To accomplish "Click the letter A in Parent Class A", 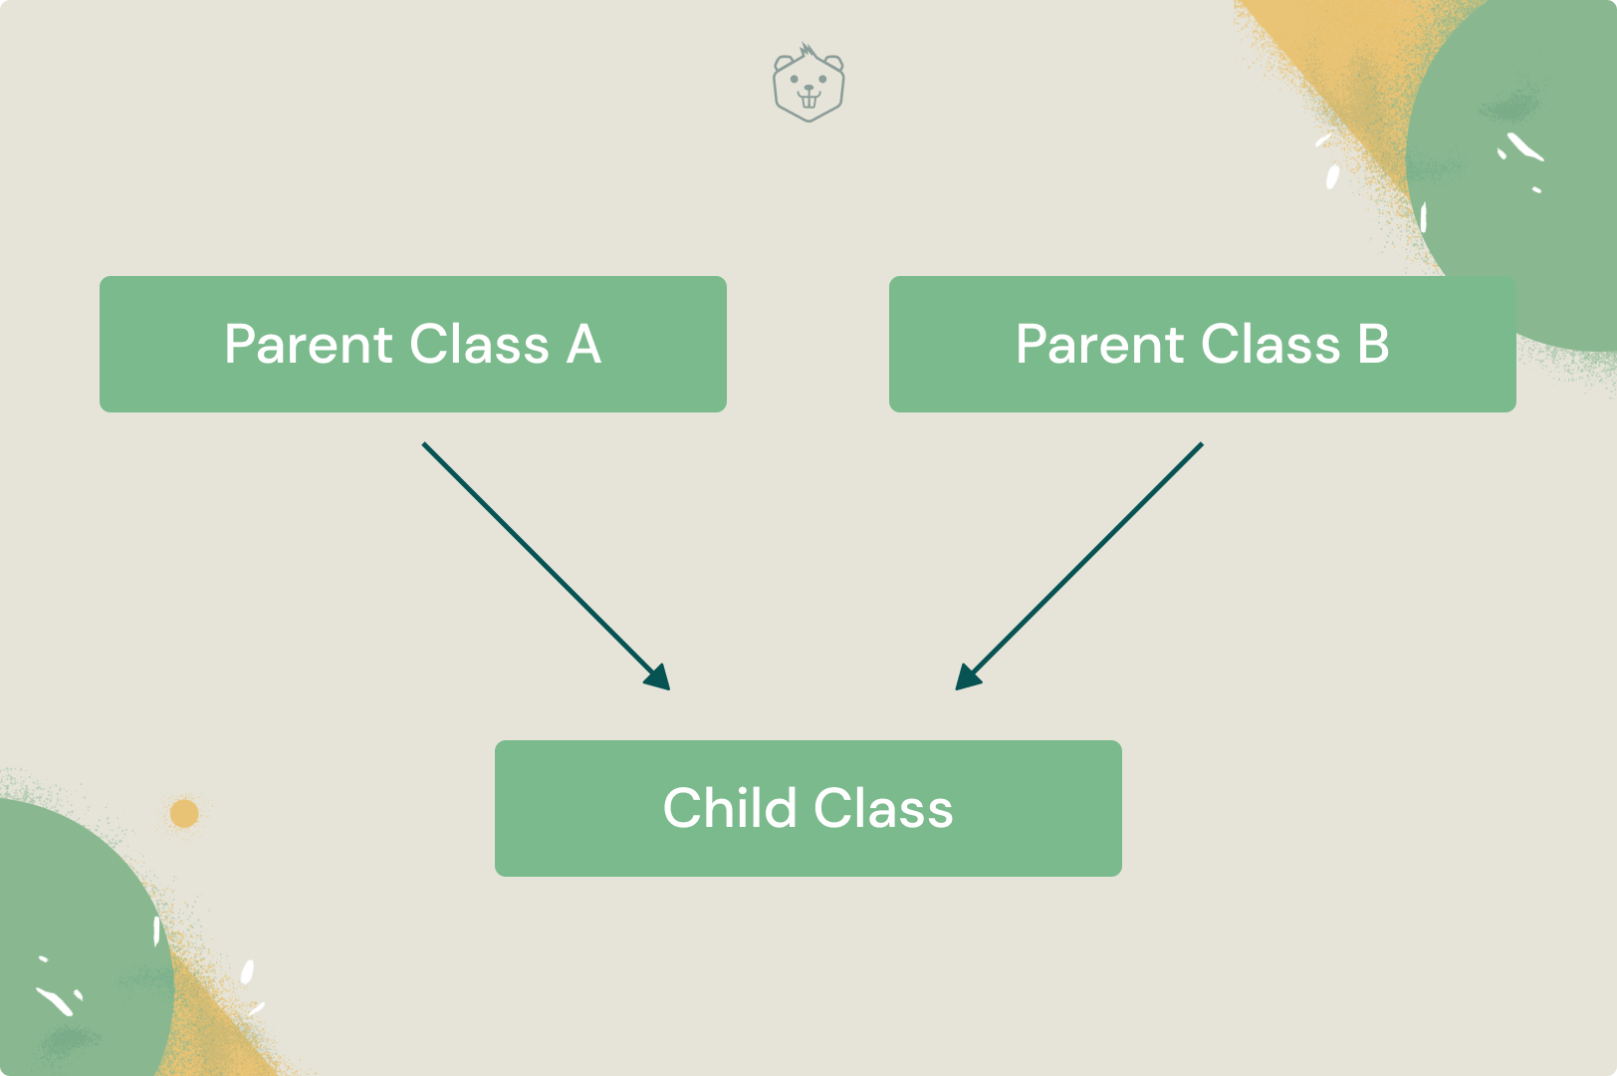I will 584,345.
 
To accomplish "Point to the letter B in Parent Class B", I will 1373,345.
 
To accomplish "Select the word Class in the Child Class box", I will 883,808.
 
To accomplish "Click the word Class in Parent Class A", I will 479,345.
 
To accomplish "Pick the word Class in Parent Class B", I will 1270,345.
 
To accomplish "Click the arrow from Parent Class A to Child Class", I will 538,558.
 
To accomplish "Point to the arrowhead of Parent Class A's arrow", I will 659,678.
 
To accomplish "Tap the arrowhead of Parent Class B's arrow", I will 966,678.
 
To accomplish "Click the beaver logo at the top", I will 808,84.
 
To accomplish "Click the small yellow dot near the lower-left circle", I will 184,814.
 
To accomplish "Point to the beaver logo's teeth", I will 808,101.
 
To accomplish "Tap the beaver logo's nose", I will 808,88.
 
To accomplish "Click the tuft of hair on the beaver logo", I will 808,51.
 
